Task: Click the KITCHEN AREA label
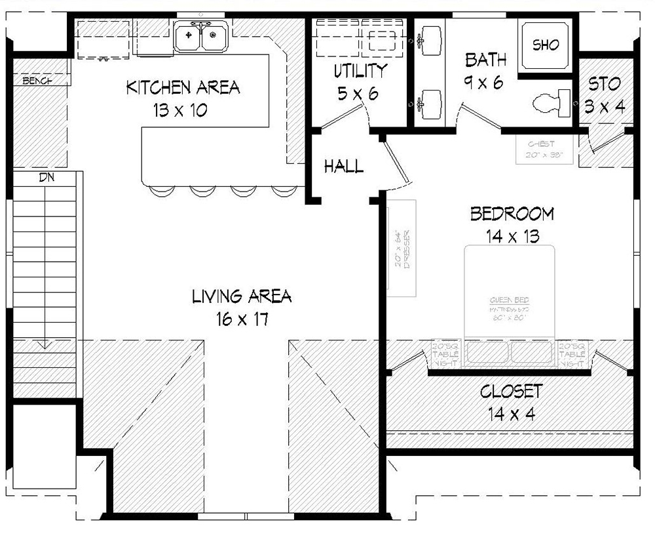coord(183,87)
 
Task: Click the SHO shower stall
coord(546,45)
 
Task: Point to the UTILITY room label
coord(360,71)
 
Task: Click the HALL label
coord(344,167)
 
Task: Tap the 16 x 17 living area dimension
coord(242,320)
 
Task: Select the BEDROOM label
coord(512,214)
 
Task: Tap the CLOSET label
coord(511,392)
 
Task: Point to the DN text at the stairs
coord(47,177)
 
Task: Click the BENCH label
coord(38,81)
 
